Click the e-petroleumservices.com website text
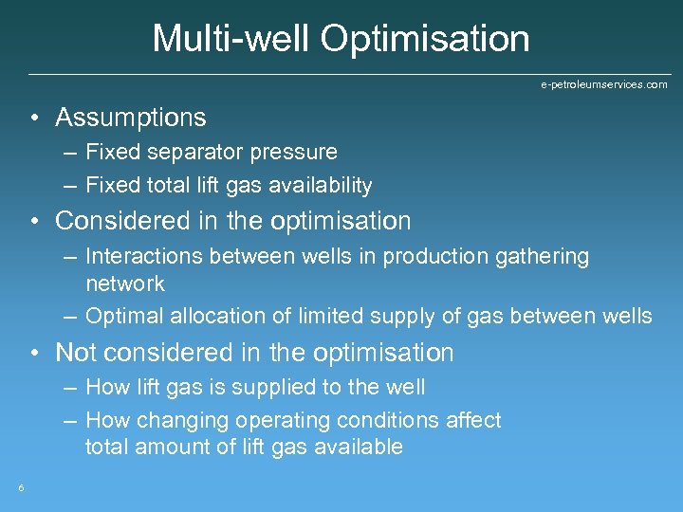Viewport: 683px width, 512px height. pyautogui.click(x=603, y=84)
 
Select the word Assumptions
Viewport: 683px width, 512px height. pyautogui.click(x=131, y=118)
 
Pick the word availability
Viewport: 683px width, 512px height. pyautogui.click(x=321, y=186)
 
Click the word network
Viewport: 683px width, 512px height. pyautogui.click(x=125, y=283)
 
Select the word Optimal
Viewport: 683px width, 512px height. pyautogui.click(x=120, y=316)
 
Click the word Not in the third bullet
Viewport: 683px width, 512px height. pyautogui.click(x=76, y=353)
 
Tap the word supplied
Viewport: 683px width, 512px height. pyautogui.click(x=312, y=387)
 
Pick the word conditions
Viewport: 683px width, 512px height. pyautogui.click(x=383, y=420)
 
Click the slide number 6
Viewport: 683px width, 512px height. pyautogui.click(x=21, y=488)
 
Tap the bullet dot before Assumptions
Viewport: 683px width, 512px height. pyautogui.click(x=33, y=119)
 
